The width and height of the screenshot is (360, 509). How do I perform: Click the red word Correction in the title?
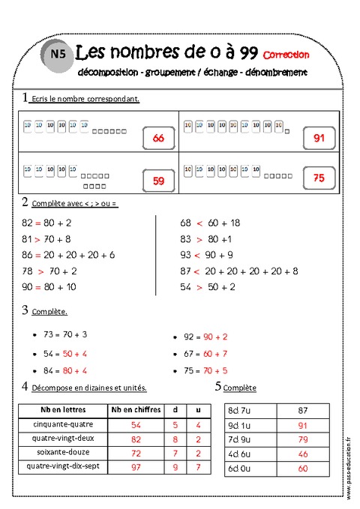pos(286,54)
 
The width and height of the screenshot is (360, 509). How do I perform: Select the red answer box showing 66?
pos(157,139)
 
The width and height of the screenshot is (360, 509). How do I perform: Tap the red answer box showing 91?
pos(319,138)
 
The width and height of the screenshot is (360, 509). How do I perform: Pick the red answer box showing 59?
pos(157,180)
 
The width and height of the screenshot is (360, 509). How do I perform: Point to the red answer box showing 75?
pos(319,178)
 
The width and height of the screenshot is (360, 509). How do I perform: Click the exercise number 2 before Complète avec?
pos(25,202)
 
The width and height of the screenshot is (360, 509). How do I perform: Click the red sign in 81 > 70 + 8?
pos(37,239)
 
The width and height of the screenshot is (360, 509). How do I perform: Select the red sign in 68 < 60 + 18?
pos(199,223)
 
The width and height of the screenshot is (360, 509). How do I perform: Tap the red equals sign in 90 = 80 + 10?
pos(37,287)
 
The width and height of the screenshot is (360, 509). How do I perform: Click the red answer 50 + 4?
pos(75,352)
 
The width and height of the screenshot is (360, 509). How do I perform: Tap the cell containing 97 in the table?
pos(136,467)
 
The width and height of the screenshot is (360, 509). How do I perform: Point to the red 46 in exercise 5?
pos(303,454)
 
